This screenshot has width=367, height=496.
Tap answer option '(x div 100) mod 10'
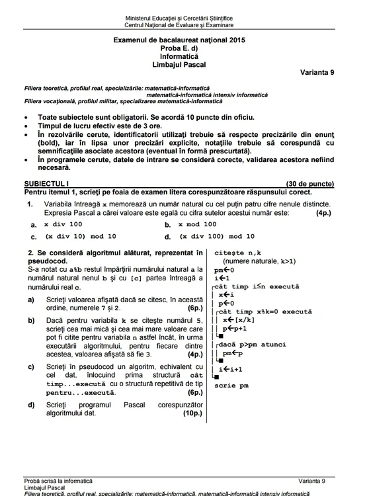(x=215, y=236)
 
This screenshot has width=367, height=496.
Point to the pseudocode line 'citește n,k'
(x=238, y=253)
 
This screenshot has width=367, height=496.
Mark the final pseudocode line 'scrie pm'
(x=231, y=386)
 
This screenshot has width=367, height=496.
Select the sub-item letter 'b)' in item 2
(x=31, y=320)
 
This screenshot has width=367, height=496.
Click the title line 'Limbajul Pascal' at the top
(x=183, y=64)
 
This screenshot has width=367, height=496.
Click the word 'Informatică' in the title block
(x=183, y=56)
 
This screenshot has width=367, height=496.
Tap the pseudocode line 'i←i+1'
(x=230, y=369)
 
